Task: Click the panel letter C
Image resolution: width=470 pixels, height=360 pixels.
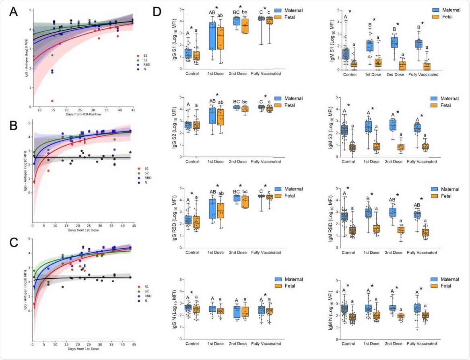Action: click(13, 243)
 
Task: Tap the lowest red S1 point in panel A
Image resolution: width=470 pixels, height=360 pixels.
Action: click(52, 101)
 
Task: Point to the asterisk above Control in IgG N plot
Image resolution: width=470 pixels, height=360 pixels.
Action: click(191, 293)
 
